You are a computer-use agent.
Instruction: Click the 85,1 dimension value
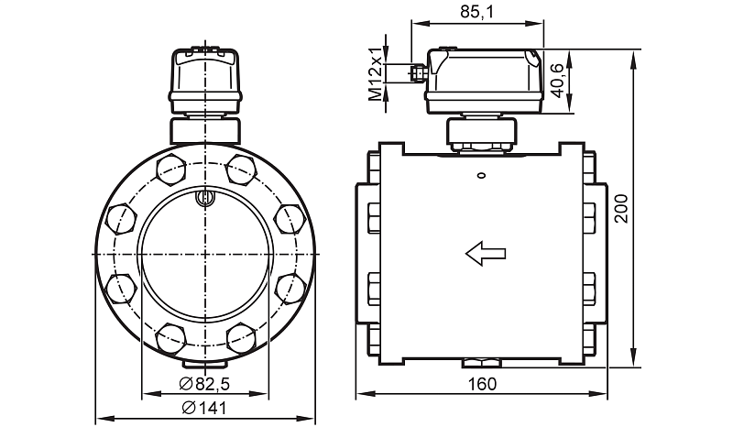tap(476, 12)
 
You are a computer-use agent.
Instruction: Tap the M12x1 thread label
tap(375, 73)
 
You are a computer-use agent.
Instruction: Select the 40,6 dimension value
tap(556, 81)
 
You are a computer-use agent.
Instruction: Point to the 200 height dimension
tap(622, 208)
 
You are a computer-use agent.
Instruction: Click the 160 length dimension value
tap(482, 385)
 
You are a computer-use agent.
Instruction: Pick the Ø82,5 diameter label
tap(204, 385)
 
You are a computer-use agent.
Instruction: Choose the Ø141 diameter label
tap(203, 408)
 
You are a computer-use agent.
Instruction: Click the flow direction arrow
tap(486, 253)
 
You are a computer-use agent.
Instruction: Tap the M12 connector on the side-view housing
tap(417, 72)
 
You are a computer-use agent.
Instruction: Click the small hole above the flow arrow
tap(480, 175)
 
